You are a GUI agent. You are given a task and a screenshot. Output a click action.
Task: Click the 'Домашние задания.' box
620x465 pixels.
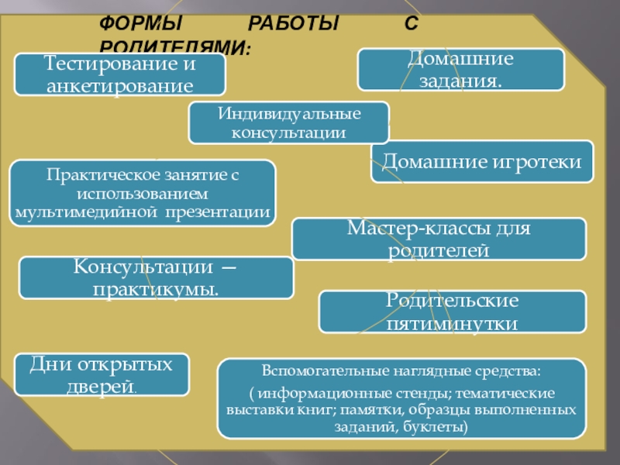tap(460, 69)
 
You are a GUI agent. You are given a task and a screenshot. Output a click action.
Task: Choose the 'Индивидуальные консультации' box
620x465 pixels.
tap(289, 123)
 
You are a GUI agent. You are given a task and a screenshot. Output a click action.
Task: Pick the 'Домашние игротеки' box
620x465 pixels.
tap(481, 161)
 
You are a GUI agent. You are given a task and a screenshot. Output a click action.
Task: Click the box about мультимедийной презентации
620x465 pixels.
tap(143, 193)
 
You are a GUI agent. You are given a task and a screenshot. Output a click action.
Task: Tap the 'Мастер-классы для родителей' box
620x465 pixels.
tap(439, 239)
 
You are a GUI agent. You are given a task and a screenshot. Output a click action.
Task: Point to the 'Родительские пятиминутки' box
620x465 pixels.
tap(453, 312)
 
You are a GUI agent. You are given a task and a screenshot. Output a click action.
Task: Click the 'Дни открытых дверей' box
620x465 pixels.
tap(102, 374)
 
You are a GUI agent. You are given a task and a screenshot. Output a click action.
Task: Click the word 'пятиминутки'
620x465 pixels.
tap(453, 322)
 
